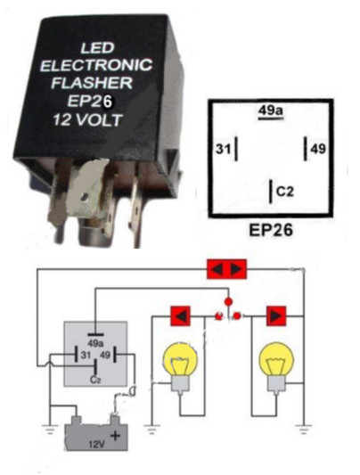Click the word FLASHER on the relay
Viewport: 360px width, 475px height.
92,83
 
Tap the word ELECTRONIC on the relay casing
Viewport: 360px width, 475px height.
96,65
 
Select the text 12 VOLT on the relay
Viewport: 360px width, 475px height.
88,120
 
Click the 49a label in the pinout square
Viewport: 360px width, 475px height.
271,111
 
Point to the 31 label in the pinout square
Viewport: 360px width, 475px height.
223,149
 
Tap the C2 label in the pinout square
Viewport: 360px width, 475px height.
285,192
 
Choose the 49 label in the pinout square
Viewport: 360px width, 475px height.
318,149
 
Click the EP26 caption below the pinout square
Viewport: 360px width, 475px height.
271,230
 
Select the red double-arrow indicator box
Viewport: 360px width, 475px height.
226,269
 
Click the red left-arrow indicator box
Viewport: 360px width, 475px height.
181,316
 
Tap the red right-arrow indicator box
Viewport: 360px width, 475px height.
276,316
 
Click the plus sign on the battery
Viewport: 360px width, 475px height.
115,436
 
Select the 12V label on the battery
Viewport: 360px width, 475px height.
97,445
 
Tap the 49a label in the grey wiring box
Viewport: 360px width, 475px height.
95,344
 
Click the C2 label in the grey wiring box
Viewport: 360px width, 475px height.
95,380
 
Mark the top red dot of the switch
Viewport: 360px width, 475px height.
229,302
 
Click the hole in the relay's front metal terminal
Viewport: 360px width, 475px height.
85,197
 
